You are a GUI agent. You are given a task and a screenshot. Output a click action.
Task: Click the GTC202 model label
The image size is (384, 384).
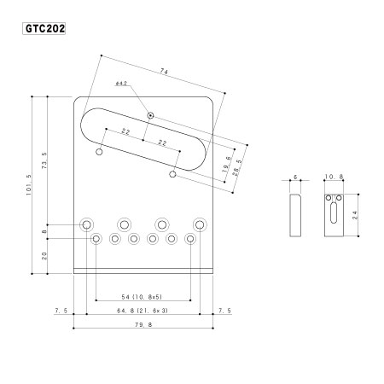tap(44, 28)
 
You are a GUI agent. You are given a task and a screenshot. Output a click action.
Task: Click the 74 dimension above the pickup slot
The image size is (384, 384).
tap(164, 72)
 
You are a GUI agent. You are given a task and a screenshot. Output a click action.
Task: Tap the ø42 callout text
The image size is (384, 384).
tap(121, 84)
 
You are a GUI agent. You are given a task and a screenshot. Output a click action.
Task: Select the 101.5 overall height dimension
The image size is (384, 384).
tap(29, 185)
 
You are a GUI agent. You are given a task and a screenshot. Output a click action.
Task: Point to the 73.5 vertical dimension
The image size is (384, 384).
tap(44, 160)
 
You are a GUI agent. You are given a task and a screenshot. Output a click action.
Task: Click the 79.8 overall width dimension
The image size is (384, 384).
tap(143, 324)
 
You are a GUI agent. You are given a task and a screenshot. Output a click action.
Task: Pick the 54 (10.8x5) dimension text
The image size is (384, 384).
tap(142, 297)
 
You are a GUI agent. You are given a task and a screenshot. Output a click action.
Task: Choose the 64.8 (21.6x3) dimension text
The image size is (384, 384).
tap(143, 311)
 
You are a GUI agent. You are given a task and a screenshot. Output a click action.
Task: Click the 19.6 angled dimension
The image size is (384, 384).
tap(227, 165)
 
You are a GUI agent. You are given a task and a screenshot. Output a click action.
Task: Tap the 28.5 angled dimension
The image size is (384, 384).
tap(238, 168)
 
